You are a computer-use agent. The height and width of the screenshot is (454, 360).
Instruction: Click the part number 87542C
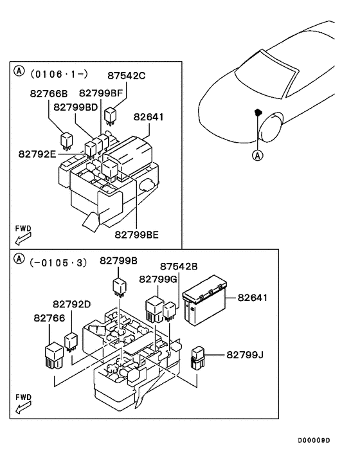pyautogui.click(x=126, y=76)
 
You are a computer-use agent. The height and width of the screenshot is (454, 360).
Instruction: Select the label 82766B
pyautogui.click(x=50, y=94)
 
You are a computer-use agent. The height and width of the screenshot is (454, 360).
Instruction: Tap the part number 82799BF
pyautogui.click(x=101, y=94)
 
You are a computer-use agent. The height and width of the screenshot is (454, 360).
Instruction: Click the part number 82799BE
pyautogui.click(x=137, y=235)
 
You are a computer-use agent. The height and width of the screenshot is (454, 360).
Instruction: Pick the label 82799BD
pyautogui.click(x=76, y=106)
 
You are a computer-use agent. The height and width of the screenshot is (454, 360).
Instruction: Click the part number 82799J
pyautogui.click(x=245, y=354)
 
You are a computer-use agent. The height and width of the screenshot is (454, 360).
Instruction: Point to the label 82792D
pyautogui.click(x=72, y=304)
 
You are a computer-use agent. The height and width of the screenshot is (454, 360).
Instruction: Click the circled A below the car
pyautogui.click(x=257, y=155)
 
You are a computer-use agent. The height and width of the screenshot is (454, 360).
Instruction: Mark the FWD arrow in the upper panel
pyautogui.click(x=22, y=237)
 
